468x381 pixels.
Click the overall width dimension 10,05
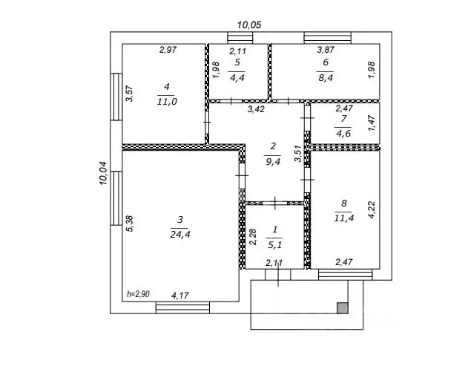click(x=249, y=25)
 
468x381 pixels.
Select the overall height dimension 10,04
click(x=103, y=173)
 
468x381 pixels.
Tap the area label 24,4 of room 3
click(x=180, y=235)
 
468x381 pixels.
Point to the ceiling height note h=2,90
click(x=138, y=294)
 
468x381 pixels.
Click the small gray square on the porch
click(x=343, y=308)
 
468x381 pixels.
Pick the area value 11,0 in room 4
click(x=167, y=102)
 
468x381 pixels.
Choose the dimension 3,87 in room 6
click(x=326, y=50)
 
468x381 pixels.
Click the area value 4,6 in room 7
click(x=343, y=133)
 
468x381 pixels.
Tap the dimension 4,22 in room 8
click(x=372, y=210)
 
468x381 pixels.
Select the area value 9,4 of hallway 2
click(x=273, y=162)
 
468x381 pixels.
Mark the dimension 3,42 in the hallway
click(x=256, y=109)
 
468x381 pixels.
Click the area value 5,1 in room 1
click(x=274, y=245)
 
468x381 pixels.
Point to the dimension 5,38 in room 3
click(x=130, y=224)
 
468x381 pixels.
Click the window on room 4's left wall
click(x=116, y=97)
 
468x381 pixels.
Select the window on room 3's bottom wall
click(x=182, y=307)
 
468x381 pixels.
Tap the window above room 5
click(x=240, y=38)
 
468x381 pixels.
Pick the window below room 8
click(x=346, y=275)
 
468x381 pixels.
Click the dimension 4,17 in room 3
click(x=180, y=296)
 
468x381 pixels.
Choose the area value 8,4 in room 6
click(x=326, y=78)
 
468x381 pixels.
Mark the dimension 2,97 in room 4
click(x=168, y=50)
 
